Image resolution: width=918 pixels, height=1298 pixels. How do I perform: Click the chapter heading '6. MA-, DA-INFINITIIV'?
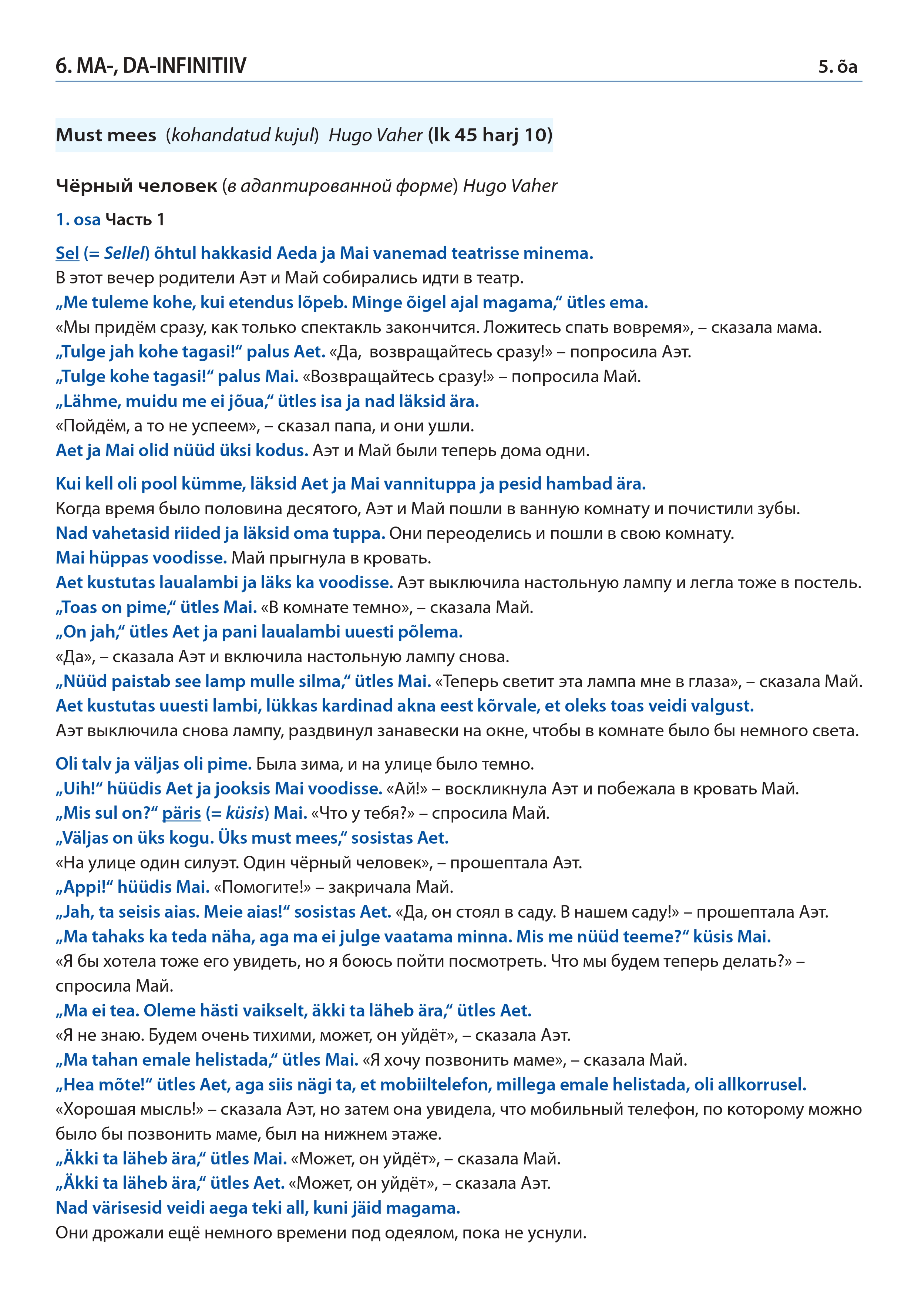point(151,66)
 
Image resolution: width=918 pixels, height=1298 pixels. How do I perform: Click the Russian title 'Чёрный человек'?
point(136,186)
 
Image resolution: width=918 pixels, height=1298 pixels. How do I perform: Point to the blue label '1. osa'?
point(78,219)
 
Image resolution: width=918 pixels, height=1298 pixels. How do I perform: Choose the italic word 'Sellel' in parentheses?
point(124,253)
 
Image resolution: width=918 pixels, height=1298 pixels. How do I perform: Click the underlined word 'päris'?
point(181,813)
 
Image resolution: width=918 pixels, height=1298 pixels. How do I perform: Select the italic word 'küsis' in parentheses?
point(245,813)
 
